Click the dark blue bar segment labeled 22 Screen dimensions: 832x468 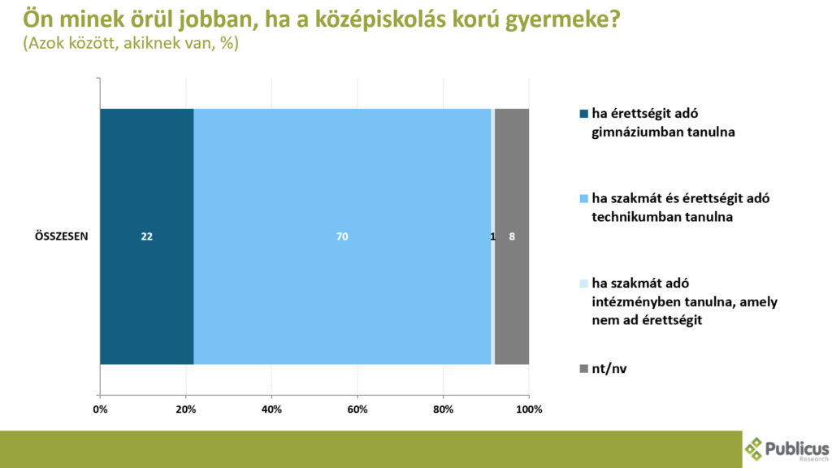[x=147, y=236]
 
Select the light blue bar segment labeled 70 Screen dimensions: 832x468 [x=342, y=236]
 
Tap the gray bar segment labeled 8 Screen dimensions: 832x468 [x=512, y=236]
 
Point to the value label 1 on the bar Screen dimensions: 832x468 [x=492, y=236]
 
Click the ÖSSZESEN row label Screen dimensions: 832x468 [x=62, y=236]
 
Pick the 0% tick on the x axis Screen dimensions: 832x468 [x=100, y=409]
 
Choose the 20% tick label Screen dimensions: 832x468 [x=186, y=409]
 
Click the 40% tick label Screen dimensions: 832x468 [x=271, y=409]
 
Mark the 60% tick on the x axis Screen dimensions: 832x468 [x=357, y=409]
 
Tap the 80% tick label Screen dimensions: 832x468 [x=443, y=409]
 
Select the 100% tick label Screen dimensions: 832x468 [x=529, y=409]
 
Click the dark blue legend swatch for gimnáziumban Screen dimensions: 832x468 [x=583, y=114]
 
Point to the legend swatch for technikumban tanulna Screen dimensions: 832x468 [x=583, y=199]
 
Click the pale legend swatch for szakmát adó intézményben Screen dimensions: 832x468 [x=583, y=284]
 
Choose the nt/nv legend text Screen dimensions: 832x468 [x=609, y=369]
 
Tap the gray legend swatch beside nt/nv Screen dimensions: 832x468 [x=583, y=368]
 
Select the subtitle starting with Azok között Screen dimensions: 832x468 [x=131, y=43]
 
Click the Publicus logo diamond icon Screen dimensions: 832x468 [x=753, y=448]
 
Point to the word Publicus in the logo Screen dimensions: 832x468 [x=797, y=448]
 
